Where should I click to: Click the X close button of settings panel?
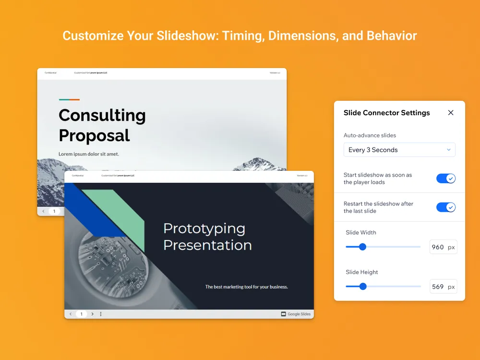450,113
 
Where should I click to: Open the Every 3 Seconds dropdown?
399,150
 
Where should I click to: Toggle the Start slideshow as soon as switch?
445,179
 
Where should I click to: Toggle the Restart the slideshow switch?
445,207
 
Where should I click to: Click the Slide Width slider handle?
362,247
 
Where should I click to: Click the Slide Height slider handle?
363,287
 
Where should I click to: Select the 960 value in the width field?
437,247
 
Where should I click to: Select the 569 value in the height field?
437,287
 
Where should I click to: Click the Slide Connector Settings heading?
386,113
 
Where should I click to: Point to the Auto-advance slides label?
370,135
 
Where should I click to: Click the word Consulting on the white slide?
102,116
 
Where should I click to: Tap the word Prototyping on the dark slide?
204,228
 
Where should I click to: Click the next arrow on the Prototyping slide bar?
93,314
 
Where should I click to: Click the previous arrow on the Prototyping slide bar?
71,314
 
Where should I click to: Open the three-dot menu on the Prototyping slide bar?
101,314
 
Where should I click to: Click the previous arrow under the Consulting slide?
43,211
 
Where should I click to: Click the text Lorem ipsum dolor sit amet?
89,154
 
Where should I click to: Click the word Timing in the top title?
242,36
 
